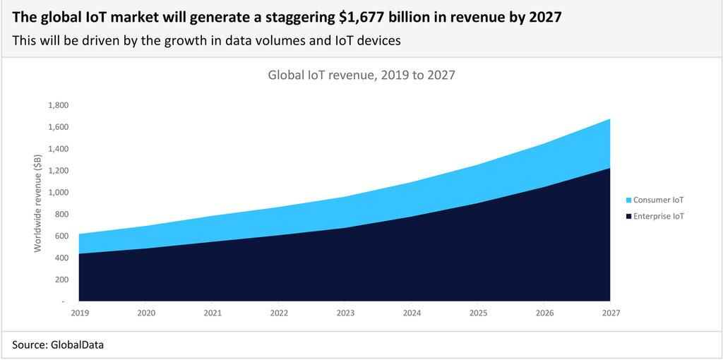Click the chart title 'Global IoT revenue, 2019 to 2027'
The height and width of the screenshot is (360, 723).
tap(361, 75)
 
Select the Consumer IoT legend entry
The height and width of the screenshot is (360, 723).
tap(659, 200)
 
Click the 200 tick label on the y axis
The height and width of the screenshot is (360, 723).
tap(61, 280)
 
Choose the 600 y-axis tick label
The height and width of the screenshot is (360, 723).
tap(61, 236)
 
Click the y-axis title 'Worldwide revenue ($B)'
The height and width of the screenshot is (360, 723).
tap(37, 203)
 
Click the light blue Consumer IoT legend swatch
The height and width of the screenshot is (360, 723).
tap(628, 200)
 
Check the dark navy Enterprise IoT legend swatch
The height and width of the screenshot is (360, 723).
tap(628, 216)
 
